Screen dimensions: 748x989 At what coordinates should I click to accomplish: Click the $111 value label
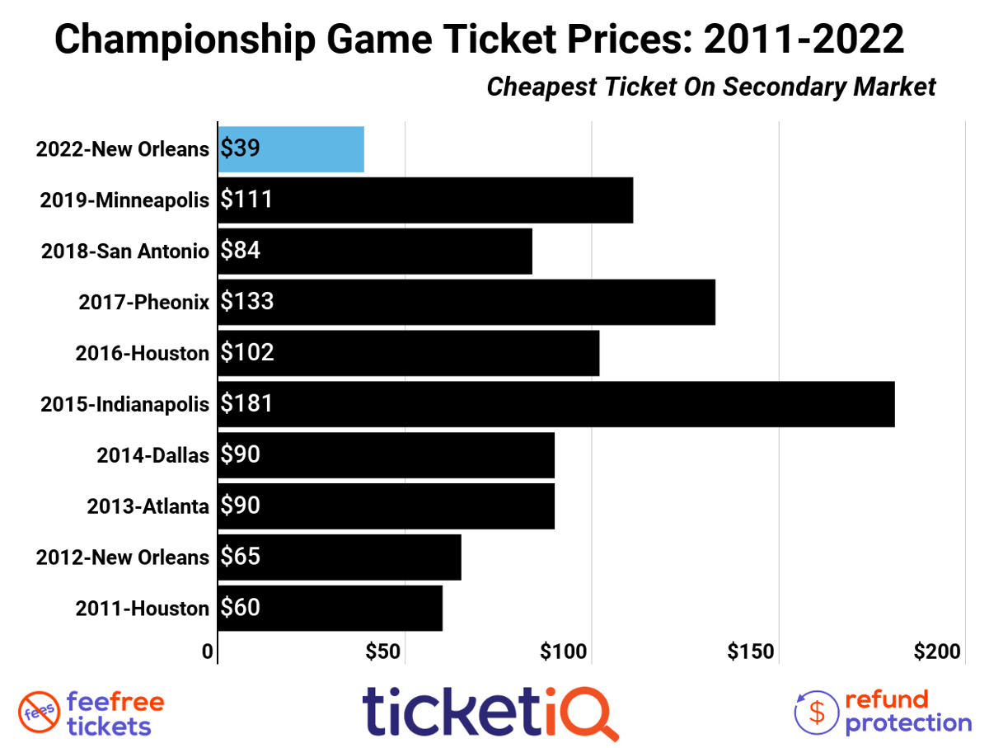[246, 200]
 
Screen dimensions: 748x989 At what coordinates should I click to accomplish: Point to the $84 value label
[241, 251]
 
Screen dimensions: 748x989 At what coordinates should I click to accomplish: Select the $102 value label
[247, 353]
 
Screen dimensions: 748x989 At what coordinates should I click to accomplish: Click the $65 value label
[241, 557]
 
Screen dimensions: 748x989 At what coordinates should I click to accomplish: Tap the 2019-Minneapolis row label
[124, 200]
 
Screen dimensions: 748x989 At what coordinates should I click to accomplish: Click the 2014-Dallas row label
[152, 455]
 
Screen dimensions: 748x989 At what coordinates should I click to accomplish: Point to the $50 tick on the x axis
[383, 652]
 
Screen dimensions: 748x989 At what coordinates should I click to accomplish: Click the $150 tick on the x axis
[751, 652]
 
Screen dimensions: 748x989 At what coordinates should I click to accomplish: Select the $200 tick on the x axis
[938, 652]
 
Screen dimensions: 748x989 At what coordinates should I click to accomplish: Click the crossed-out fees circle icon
[38, 713]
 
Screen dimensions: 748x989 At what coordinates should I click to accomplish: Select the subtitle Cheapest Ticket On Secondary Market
[711, 87]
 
